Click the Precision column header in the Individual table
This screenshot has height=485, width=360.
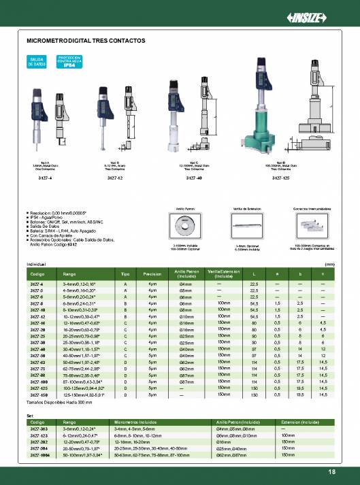pyautogui.click(x=152, y=273)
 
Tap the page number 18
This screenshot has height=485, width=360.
pyautogui.click(x=331, y=472)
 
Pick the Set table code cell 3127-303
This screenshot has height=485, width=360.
pyautogui.click(x=37, y=429)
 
